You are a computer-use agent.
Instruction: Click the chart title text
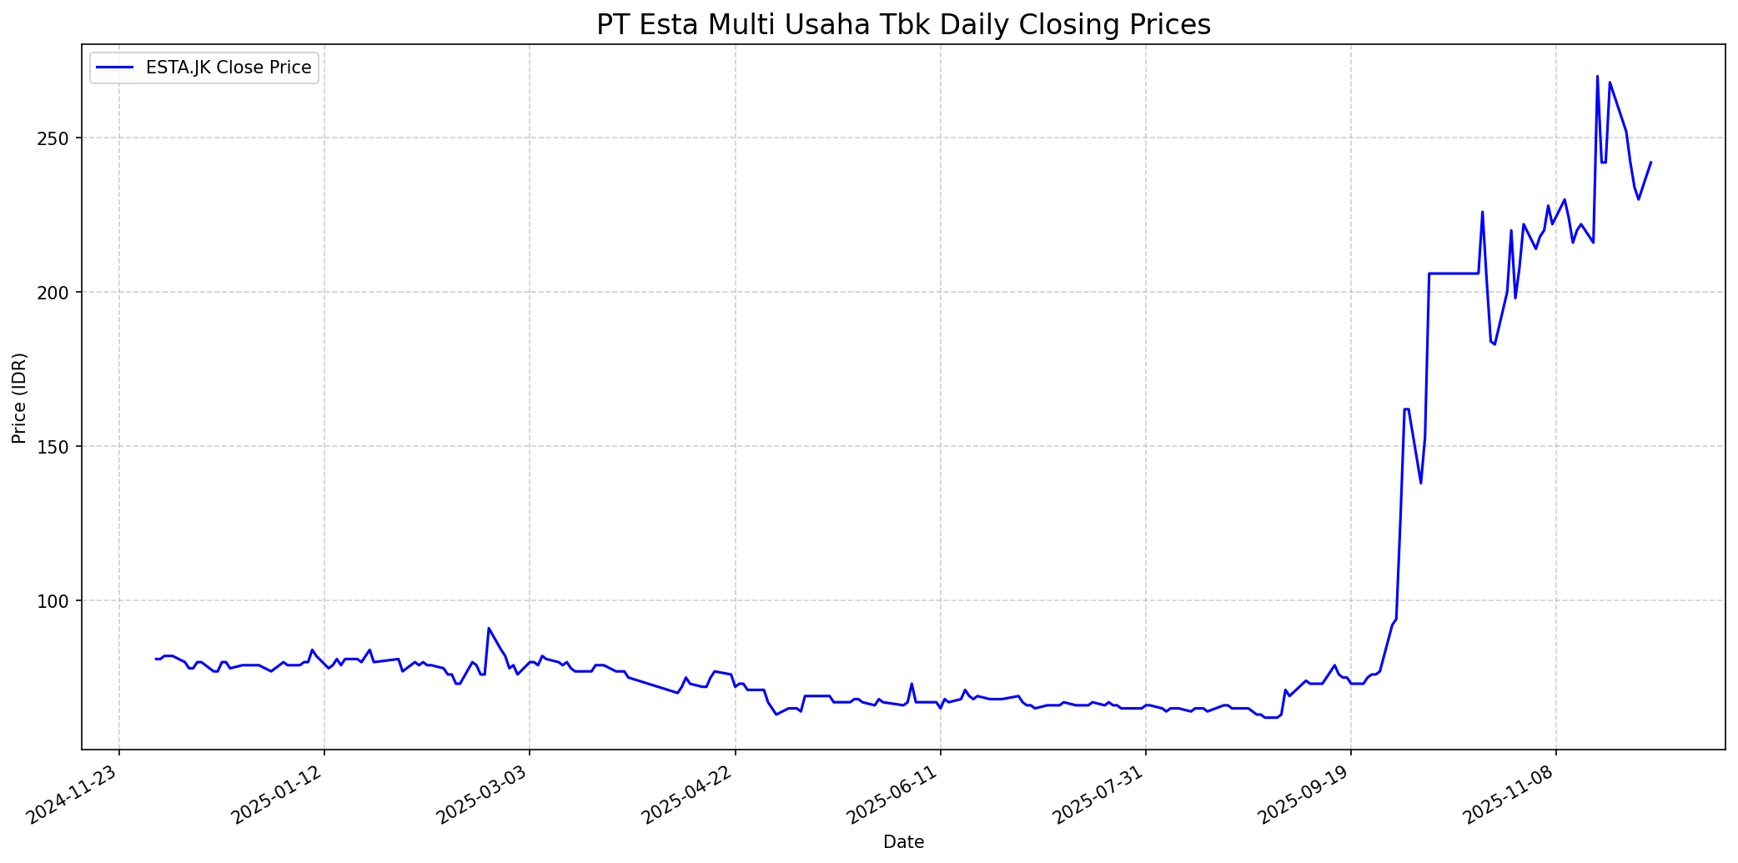tap(903, 25)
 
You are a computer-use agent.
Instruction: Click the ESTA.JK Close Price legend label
tap(229, 68)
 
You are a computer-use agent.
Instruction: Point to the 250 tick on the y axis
tap(60, 138)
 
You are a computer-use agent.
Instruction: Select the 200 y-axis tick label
tap(60, 292)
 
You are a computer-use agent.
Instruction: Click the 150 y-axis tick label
tap(60, 446)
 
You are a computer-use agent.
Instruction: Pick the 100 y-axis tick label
tap(60, 600)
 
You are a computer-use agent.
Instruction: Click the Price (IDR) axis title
tap(19, 398)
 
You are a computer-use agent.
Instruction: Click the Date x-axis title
tap(903, 842)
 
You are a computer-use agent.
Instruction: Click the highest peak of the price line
tap(1597, 76)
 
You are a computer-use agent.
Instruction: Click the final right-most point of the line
tap(1650, 163)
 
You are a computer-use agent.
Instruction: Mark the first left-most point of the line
tap(156, 659)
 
